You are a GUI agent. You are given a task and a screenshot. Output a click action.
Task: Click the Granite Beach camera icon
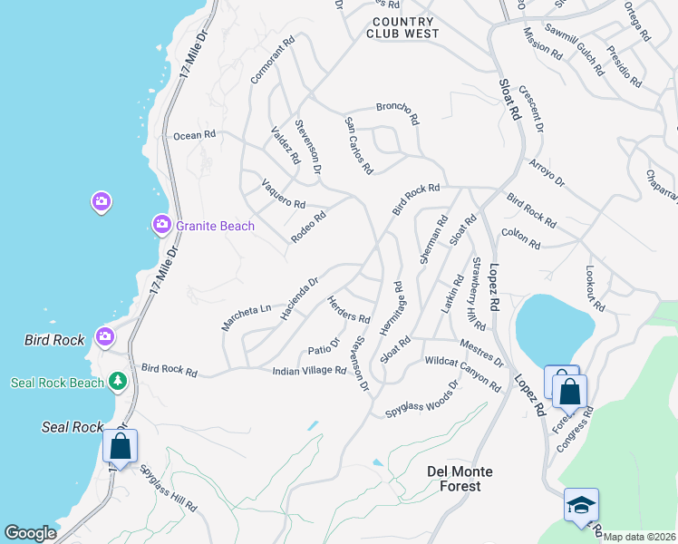click(x=161, y=224)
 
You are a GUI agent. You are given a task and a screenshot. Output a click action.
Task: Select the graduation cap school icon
click(x=581, y=505)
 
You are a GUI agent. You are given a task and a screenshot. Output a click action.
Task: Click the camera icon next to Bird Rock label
click(x=105, y=336)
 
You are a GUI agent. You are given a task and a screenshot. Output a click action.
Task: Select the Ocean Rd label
click(x=195, y=135)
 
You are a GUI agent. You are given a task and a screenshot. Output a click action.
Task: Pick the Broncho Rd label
click(x=397, y=112)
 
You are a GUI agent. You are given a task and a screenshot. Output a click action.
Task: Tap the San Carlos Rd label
click(x=358, y=144)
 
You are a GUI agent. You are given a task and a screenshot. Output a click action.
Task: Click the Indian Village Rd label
click(x=309, y=370)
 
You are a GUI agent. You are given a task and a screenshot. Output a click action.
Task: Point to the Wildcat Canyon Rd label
click(x=462, y=374)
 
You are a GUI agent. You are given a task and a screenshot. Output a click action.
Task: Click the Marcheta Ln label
click(x=246, y=316)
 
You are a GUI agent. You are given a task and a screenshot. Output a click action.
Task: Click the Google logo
click(x=30, y=533)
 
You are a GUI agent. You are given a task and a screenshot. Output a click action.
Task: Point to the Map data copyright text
click(x=639, y=537)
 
